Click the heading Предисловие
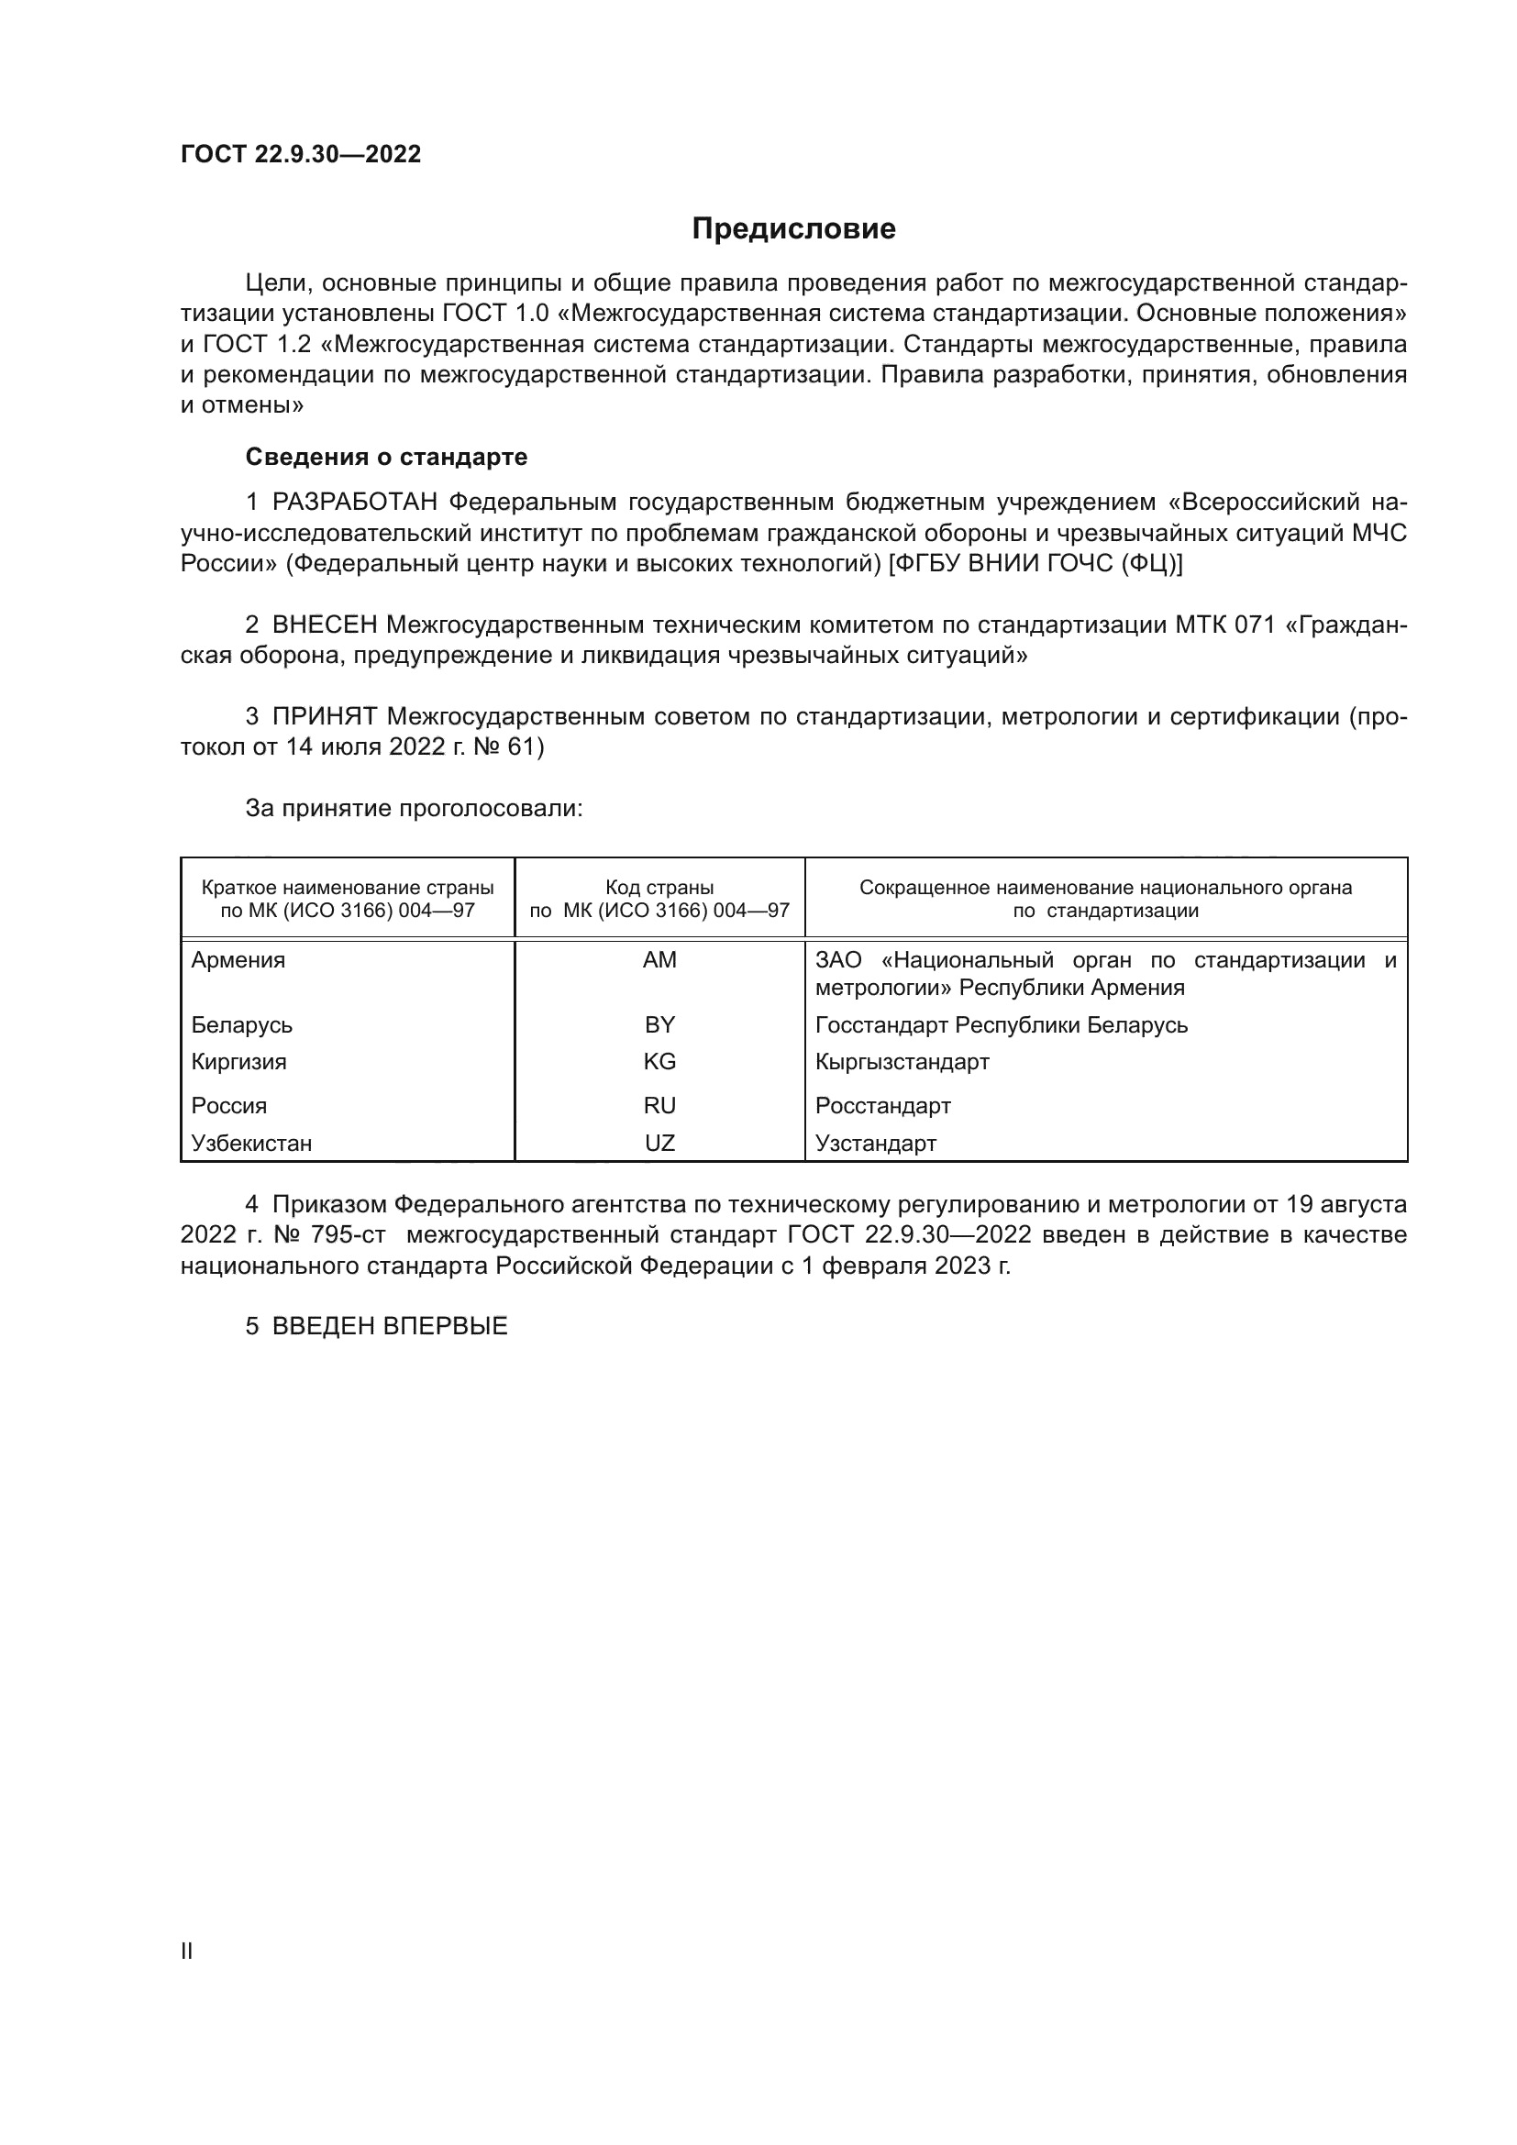tap(793, 229)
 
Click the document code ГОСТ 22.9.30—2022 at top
tap(301, 154)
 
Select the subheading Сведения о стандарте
tap(386, 457)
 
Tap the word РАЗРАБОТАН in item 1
tap(355, 503)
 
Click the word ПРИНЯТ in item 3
tap(324, 716)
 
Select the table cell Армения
tap(238, 960)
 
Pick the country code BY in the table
tap(659, 1025)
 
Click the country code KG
tap(659, 1061)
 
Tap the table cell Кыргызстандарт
tap(902, 1061)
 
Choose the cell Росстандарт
tap(882, 1106)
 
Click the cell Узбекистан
tap(251, 1144)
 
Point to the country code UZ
tap(659, 1144)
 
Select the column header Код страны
tap(659, 888)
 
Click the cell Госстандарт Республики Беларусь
tap(1002, 1025)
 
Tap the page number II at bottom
tap(187, 1951)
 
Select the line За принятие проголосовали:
tap(414, 808)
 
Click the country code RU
tap(659, 1106)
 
